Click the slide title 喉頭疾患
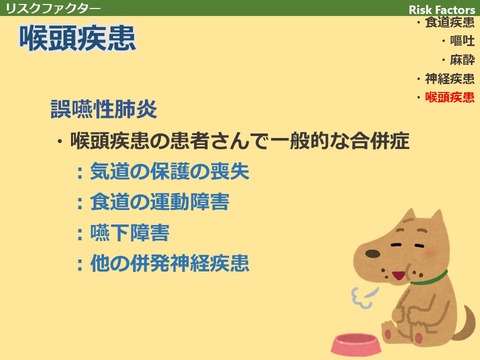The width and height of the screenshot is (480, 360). (x=78, y=40)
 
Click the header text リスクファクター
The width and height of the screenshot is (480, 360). (x=53, y=8)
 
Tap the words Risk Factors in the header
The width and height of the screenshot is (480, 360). (x=442, y=8)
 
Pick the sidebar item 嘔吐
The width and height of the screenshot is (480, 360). (x=461, y=41)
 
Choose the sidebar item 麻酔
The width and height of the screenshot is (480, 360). (x=461, y=60)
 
